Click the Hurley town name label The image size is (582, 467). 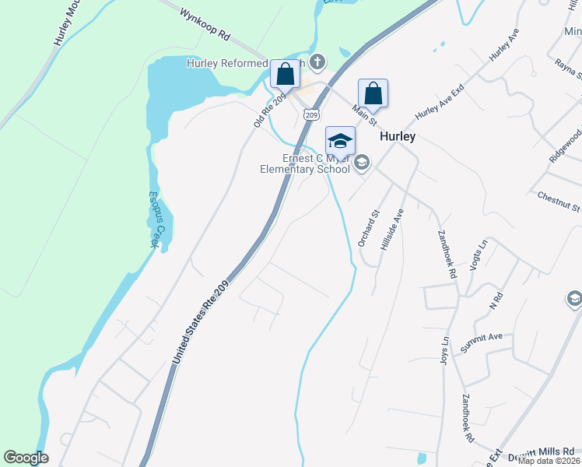(x=397, y=135)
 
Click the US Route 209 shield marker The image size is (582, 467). (x=311, y=115)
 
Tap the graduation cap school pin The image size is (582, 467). (x=340, y=142)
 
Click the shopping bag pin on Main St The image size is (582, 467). (x=373, y=93)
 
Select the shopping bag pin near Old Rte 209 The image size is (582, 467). (x=286, y=75)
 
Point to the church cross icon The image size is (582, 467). (x=317, y=61)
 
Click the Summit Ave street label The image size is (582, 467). (x=482, y=343)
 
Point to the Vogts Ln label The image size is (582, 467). (x=478, y=254)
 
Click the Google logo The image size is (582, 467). (x=26, y=458)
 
